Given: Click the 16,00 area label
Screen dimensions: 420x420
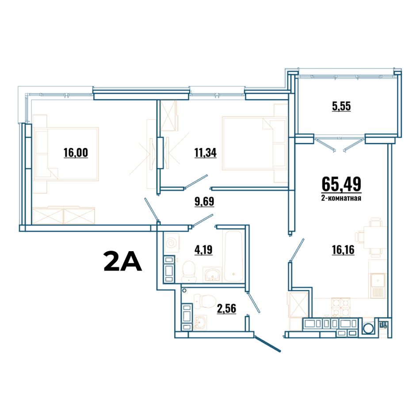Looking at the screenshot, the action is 76,153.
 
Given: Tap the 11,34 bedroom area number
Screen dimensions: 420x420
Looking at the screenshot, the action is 206,153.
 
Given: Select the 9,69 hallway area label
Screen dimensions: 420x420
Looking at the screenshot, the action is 204,202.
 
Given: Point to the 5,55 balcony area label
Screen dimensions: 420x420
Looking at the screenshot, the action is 341,107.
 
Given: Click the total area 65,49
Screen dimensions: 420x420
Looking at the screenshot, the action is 341,184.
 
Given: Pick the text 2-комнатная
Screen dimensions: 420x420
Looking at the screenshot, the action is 341,198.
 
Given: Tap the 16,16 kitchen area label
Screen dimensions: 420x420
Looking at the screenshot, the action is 343,250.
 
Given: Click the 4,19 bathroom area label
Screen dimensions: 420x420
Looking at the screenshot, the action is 203,250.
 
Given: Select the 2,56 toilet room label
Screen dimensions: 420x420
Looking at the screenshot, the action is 226,309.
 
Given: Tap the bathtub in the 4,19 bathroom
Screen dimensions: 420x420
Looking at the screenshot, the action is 233,256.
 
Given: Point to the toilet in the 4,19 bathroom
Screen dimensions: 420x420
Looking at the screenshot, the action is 189,271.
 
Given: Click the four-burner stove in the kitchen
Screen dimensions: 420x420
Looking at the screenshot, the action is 341,308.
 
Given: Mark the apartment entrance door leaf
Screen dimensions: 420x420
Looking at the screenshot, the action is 267,344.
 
